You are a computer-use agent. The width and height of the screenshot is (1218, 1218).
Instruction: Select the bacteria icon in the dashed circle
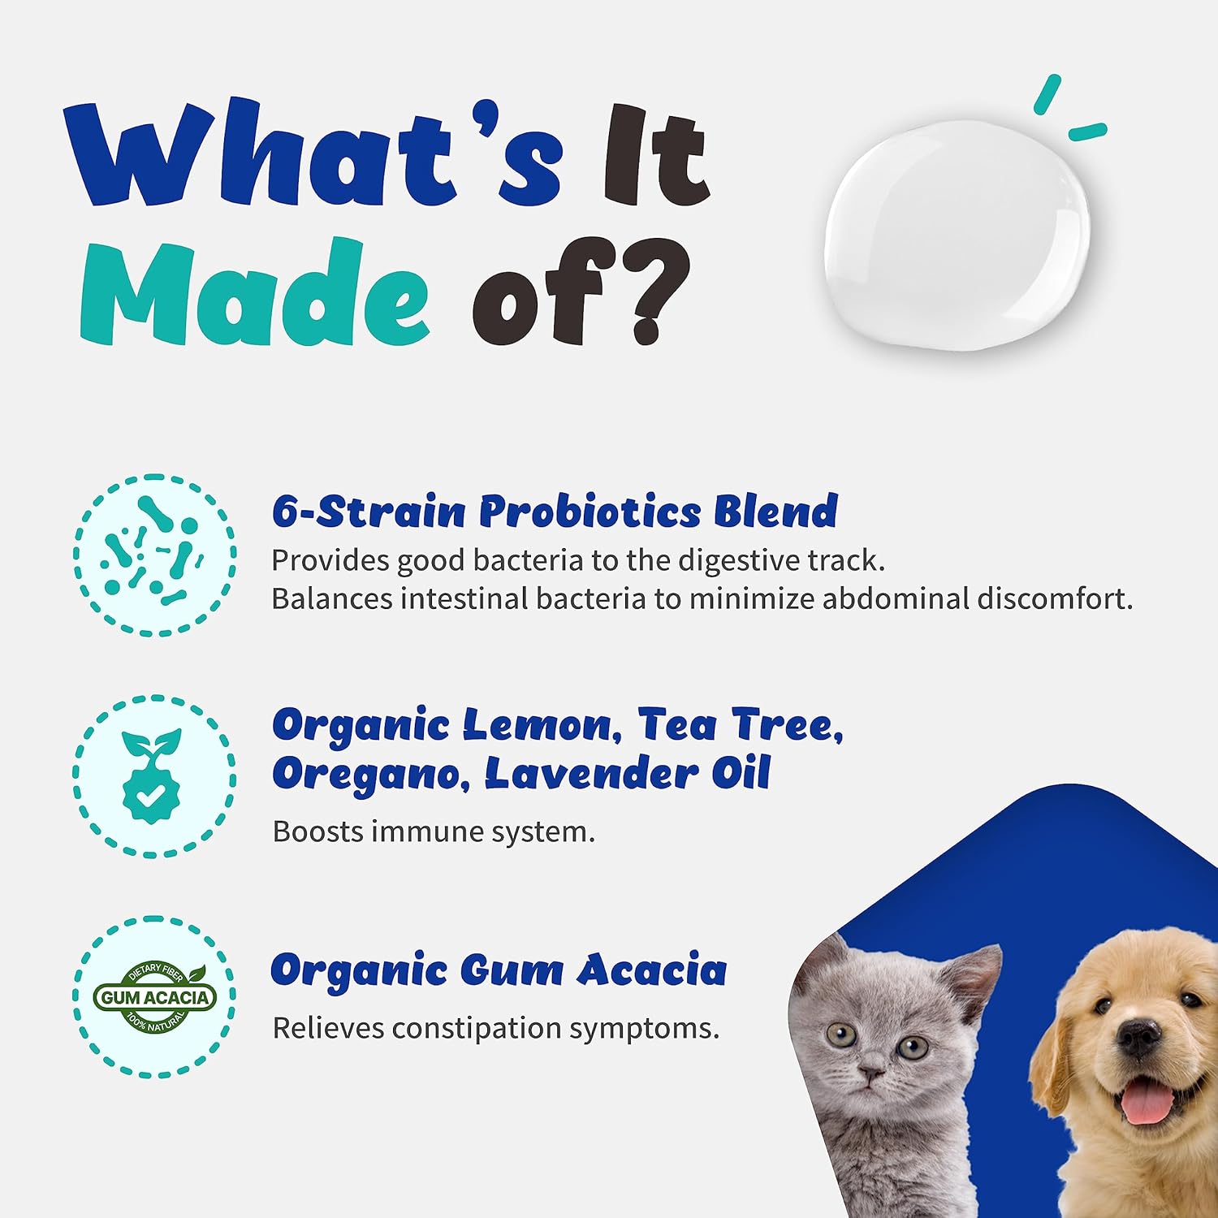coord(154,555)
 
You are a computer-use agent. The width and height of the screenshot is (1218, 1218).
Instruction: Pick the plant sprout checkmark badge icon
coord(152,775)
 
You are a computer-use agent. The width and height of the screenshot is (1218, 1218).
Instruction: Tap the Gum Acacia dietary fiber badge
coord(154,997)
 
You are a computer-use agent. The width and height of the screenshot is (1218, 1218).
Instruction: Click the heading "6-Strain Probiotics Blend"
coord(555,512)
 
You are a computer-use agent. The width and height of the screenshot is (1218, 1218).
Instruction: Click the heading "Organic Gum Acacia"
coord(499,970)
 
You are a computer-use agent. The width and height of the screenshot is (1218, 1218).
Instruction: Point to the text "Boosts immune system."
coord(434,831)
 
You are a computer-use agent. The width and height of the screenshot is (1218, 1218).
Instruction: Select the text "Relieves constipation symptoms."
coord(495,1028)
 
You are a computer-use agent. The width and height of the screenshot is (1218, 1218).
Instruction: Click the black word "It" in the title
coord(656,154)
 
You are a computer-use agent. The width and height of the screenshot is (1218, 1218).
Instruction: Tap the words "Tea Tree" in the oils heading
coord(740,724)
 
